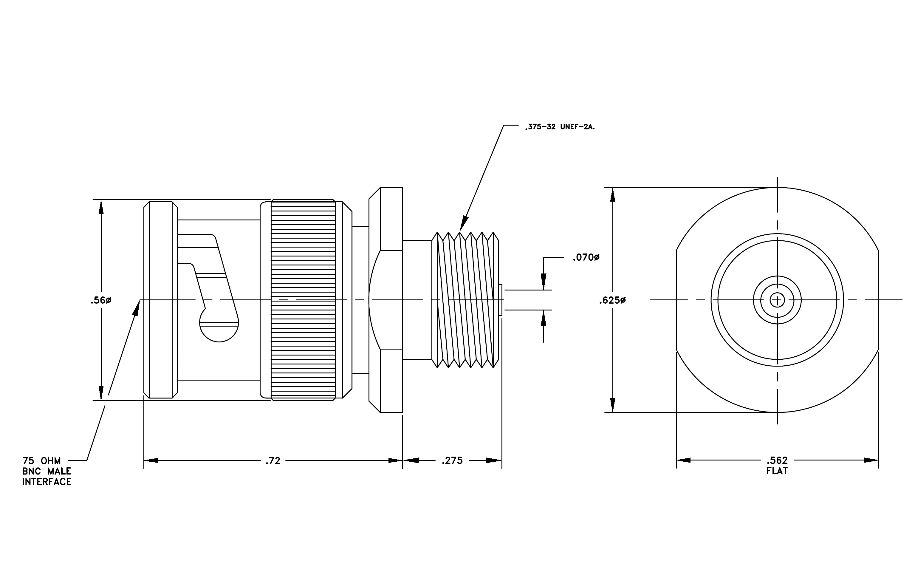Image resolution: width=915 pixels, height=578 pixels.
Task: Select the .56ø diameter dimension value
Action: pyautogui.click(x=101, y=301)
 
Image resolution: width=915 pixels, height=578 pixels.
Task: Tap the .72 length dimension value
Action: pyautogui.click(x=273, y=460)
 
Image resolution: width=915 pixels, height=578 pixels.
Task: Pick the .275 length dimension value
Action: pyautogui.click(x=452, y=460)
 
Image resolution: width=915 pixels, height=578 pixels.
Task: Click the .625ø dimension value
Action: pyautogui.click(x=612, y=301)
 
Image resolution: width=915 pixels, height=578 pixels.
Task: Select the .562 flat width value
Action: pyautogui.click(x=777, y=460)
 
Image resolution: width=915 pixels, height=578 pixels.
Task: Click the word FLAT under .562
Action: pyautogui.click(x=777, y=471)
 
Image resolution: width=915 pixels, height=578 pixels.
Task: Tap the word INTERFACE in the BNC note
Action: pyautogui.click(x=47, y=482)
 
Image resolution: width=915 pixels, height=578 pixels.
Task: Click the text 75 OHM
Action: pyautogui.click(x=41, y=461)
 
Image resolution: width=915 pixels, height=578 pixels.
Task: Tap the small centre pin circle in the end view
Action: pyautogui.click(x=777, y=300)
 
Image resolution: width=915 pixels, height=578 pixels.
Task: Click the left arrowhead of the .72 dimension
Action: pyautogui.click(x=151, y=460)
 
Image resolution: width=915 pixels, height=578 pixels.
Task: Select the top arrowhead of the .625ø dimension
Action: pyautogui.click(x=612, y=195)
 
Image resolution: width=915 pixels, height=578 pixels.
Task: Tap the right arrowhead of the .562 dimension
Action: pyautogui.click(x=871, y=460)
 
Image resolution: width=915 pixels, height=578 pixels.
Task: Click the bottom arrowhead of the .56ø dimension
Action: pyautogui.click(x=101, y=393)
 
